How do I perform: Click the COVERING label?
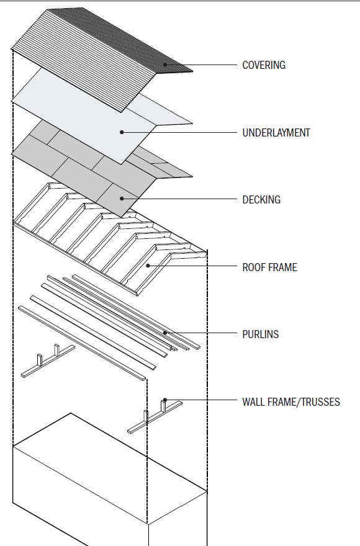point(263,65)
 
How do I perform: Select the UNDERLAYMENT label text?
point(276,133)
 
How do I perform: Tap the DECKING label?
point(261,200)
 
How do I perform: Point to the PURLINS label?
point(260,334)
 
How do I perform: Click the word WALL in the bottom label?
point(253,401)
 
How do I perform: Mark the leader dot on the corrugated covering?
point(165,64)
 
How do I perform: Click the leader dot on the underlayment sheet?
point(122,132)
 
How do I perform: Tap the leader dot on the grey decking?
point(122,199)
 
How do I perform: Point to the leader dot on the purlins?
point(165,333)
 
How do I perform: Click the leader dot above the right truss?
point(164,400)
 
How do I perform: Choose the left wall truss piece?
point(47,363)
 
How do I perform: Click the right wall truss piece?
point(155,418)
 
